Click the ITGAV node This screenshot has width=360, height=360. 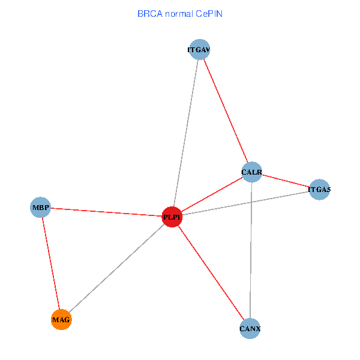pos(199,50)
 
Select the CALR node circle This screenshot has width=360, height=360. pos(251,172)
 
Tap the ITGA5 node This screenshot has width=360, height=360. pos(319,190)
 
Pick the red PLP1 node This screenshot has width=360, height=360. pos(172,217)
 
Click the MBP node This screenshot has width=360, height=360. pos(41,208)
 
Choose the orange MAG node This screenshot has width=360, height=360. pos(61,320)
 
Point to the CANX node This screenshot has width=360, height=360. pos(250,328)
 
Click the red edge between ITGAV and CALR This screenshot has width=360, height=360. pos(225,111)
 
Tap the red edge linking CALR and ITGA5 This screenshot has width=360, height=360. pos(285,181)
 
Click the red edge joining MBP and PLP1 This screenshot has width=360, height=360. pos(106,212)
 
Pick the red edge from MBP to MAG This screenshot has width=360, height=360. pos(51,264)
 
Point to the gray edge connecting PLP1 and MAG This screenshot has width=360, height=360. pos(116,268)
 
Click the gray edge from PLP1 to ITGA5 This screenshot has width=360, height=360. pos(245,203)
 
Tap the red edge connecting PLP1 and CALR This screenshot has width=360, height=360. pos(211,195)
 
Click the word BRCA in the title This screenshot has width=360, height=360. pos(149,13)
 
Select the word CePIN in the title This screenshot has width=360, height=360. pos(210,13)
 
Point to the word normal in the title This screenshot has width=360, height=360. pos(179,13)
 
